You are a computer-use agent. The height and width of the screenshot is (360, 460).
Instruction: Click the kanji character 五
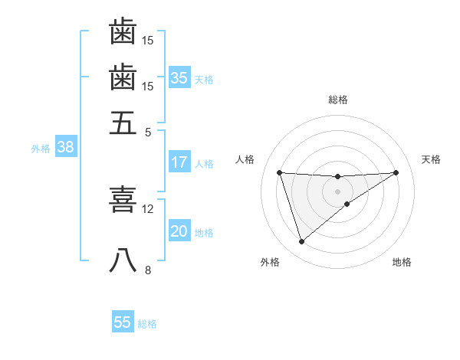(123, 123)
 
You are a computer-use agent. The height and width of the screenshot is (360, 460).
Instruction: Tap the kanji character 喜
(123, 198)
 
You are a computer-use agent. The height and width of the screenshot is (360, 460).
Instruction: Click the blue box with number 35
(179, 77)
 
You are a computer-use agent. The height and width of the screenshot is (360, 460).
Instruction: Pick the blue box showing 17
(179, 162)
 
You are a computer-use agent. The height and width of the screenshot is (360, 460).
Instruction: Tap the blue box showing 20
(179, 232)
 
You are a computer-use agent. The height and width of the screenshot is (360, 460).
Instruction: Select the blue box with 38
(65, 148)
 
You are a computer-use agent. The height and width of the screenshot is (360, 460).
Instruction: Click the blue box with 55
(123, 322)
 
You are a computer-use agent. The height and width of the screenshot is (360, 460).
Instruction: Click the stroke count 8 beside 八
(148, 270)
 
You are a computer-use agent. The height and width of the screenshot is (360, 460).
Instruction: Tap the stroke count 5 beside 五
(148, 132)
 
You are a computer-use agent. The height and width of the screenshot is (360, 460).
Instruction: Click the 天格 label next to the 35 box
(204, 79)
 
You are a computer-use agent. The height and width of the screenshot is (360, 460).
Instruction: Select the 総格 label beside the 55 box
(147, 324)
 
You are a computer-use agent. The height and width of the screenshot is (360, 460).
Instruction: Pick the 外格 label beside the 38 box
(40, 149)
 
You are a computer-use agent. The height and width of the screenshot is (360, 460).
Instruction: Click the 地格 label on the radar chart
(402, 262)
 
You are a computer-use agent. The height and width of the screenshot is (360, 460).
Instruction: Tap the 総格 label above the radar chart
(338, 100)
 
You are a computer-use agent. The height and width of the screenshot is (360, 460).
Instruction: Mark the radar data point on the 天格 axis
(396, 172)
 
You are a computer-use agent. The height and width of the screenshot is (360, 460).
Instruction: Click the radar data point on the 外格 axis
(301, 242)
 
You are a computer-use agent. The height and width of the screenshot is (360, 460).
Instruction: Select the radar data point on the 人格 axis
(280, 172)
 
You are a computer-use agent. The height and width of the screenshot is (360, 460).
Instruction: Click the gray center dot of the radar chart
(338, 190)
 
